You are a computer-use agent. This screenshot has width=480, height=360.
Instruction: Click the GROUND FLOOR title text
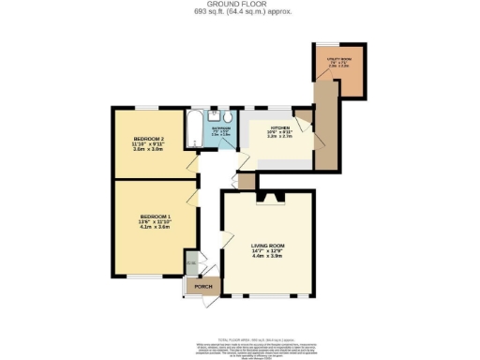click(x=239, y=6)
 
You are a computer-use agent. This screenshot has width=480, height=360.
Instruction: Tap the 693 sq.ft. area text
click(x=239, y=13)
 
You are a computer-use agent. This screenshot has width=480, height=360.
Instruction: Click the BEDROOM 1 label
click(x=156, y=216)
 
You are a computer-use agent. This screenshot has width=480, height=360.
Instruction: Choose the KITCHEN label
click(x=280, y=127)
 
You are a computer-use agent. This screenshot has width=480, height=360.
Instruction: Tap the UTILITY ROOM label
click(x=338, y=59)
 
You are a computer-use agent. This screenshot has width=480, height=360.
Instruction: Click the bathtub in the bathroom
click(x=192, y=130)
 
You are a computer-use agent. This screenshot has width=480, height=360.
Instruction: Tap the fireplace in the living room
click(x=269, y=196)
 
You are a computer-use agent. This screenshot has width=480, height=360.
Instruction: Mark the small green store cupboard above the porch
click(x=191, y=263)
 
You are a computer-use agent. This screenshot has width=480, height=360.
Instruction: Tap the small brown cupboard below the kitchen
click(x=247, y=180)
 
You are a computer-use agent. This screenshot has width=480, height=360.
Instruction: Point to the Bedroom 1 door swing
click(x=192, y=196)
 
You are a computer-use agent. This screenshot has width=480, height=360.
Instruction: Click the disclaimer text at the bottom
click(x=239, y=337)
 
